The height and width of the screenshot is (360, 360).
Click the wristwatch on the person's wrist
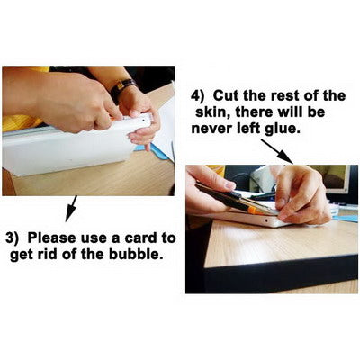click(x=122, y=88)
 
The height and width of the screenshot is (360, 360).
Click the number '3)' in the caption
click(x=13, y=238)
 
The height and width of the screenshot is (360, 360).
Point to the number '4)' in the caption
click(x=198, y=96)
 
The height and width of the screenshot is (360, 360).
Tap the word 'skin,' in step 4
click(x=213, y=112)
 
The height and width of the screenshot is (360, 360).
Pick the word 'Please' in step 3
click(x=51, y=238)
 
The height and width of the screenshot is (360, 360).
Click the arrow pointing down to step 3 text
click(x=71, y=209)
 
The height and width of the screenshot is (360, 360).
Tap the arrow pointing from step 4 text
click(x=277, y=151)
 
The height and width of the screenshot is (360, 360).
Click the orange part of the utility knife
click(x=255, y=210)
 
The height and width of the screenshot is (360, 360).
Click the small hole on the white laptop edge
click(x=266, y=220)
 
